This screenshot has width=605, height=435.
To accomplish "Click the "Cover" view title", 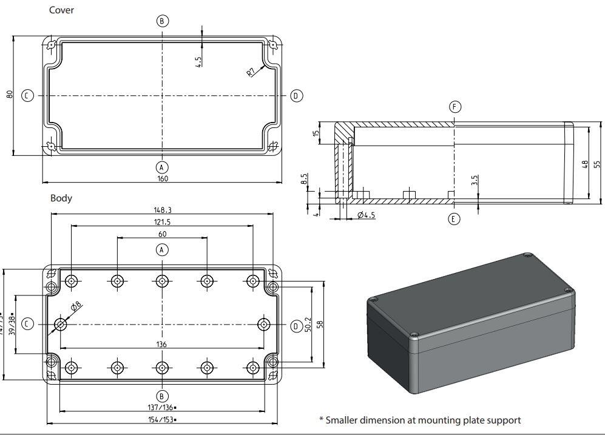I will tap(61, 10).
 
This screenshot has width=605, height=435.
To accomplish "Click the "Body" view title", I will tap(61, 198).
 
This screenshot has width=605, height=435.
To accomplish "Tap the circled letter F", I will tap(455, 107).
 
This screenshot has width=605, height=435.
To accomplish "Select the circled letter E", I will tap(454, 219).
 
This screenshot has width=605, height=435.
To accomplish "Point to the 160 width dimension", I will tap(162, 178).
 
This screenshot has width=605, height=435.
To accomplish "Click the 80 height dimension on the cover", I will tap(9, 95).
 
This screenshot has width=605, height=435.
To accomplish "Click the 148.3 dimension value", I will tap(162, 210).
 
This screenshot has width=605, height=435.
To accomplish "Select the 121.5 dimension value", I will tap(162, 222).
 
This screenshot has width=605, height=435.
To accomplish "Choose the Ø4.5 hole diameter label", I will tap(367, 215).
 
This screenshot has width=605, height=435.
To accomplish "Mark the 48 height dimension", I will tap(584, 164).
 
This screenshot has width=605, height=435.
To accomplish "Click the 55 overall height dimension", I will tap(597, 164).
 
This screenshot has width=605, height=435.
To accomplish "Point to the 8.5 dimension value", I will tap(303, 179).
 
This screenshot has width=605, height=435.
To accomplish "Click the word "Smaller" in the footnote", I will tap(345, 420).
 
